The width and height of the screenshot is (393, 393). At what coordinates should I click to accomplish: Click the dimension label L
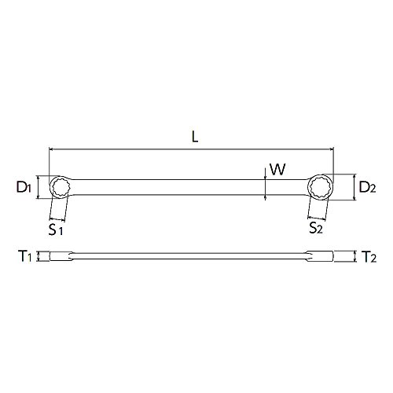point(195,137)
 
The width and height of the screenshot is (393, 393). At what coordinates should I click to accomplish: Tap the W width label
point(277,170)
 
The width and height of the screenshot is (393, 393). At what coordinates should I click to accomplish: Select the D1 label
point(24,188)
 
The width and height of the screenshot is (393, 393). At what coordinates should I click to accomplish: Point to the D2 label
point(367,187)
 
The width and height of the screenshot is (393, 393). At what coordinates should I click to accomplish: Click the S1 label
point(56,230)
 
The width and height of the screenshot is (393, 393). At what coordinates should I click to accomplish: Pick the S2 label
point(316,228)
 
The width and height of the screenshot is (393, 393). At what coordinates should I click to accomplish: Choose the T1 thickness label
point(25,256)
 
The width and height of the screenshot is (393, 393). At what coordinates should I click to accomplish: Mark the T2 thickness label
point(369,256)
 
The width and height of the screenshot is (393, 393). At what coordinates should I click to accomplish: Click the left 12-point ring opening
point(61,187)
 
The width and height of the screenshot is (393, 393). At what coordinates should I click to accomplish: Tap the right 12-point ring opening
point(320,187)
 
